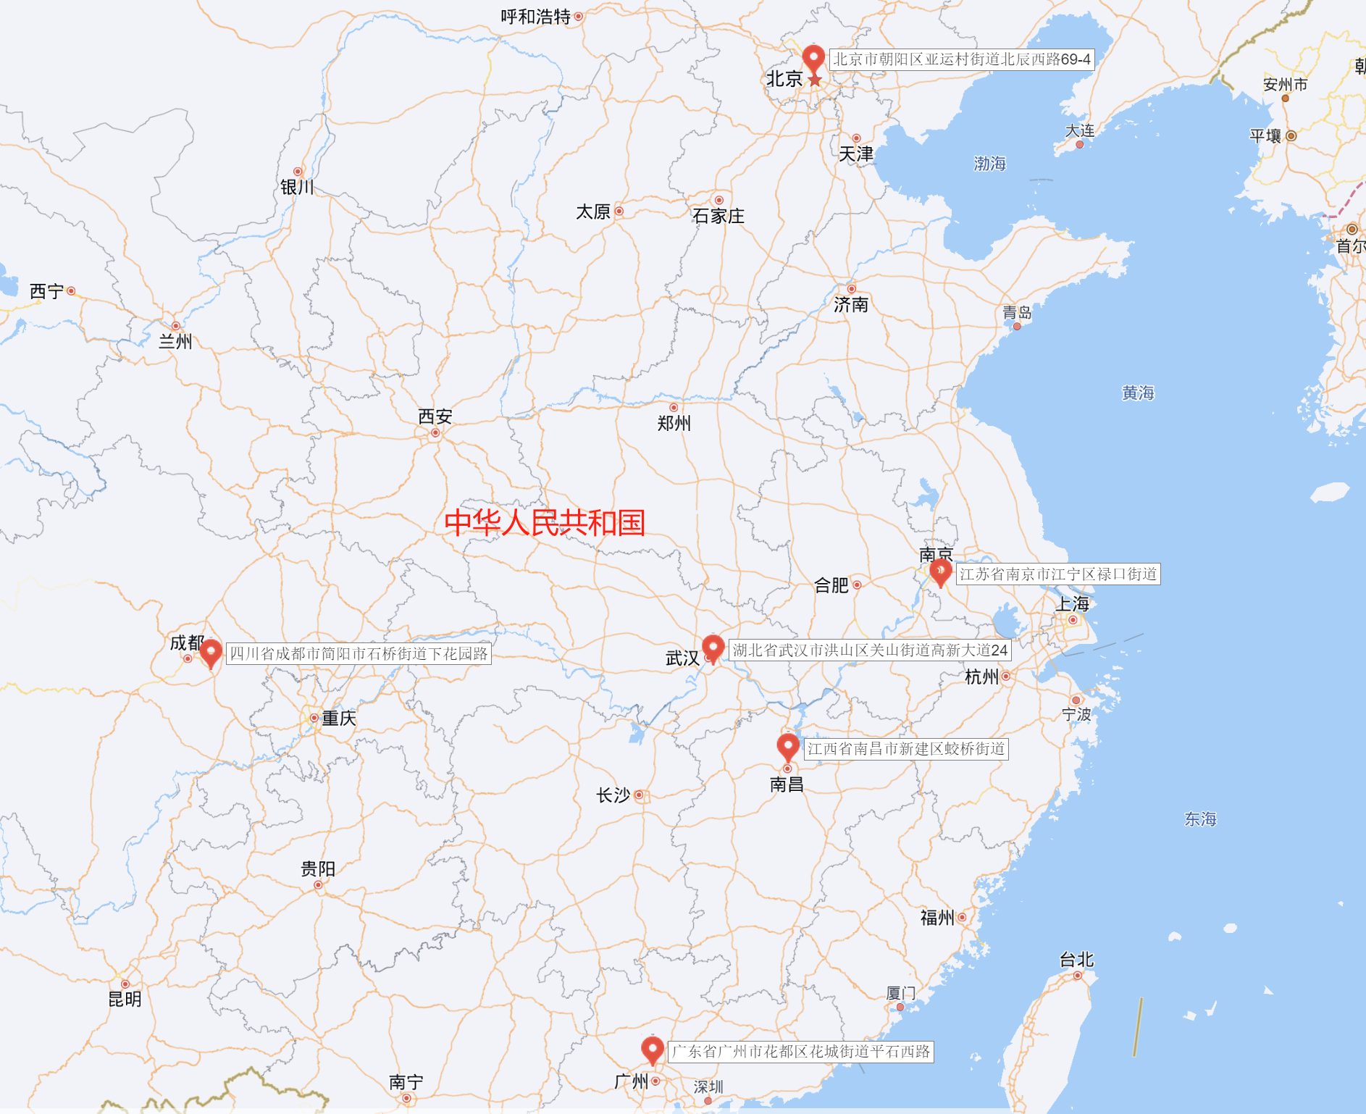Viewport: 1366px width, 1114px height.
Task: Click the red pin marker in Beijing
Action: [x=813, y=57]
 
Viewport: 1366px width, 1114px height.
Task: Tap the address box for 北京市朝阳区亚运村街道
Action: [x=961, y=59]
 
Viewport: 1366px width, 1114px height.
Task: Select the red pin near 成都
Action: [x=211, y=652]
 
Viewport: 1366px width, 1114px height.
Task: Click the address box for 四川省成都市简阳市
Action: [x=359, y=653]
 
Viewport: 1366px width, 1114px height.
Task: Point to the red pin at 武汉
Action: [x=713, y=647]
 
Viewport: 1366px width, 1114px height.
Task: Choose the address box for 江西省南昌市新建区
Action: [x=906, y=749]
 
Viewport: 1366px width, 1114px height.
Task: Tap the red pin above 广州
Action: [x=653, y=1048]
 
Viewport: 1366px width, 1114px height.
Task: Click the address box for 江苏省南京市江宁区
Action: [x=1058, y=574]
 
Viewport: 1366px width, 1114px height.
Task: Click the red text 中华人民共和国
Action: [x=545, y=522]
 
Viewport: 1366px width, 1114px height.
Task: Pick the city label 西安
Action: [x=435, y=416]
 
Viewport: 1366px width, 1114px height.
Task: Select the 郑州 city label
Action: [x=674, y=423]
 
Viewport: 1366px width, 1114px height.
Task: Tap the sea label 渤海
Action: [x=990, y=164]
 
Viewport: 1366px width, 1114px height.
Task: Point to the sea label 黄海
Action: [x=1138, y=393]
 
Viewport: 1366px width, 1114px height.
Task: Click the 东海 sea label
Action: [x=1200, y=819]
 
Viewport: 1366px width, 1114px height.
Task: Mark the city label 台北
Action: [x=1076, y=960]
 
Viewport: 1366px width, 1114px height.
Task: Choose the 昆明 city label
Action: [x=125, y=1000]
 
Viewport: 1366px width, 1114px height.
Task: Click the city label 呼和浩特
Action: [x=536, y=17]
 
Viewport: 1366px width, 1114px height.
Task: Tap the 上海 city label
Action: [x=1073, y=604]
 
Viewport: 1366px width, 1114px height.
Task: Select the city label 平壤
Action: [x=1265, y=136]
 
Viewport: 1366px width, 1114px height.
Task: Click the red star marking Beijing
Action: [x=815, y=80]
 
